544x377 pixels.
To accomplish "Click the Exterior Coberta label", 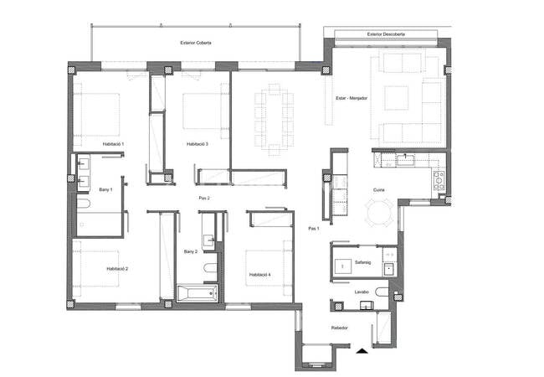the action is (x=196, y=43).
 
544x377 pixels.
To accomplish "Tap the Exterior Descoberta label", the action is (x=386, y=34).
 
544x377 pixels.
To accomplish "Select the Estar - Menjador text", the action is (x=352, y=98).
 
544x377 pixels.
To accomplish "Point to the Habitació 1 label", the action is (x=113, y=144).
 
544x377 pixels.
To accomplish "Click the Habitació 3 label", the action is (x=198, y=144).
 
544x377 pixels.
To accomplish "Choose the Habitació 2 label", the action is (x=117, y=269).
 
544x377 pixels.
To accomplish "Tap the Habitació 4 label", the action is (x=259, y=275).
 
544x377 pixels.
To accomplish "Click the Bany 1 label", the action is (x=105, y=190).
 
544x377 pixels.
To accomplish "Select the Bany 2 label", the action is (x=191, y=251).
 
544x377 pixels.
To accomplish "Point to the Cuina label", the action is (x=378, y=190).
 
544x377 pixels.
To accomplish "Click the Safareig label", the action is (x=363, y=262).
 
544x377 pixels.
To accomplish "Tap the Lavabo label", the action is (x=362, y=292).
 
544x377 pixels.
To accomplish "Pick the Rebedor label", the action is (x=339, y=328).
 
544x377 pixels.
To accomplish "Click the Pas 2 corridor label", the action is (x=204, y=199).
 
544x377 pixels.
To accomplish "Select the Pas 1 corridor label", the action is (x=314, y=229).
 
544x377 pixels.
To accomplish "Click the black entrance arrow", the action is (x=362, y=351).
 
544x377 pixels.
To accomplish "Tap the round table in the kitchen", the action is (x=379, y=213).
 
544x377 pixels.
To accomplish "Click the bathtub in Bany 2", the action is (x=198, y=294).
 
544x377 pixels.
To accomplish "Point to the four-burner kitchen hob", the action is (x=439, y=180).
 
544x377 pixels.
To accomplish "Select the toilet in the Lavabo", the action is (x=382, y=292).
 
